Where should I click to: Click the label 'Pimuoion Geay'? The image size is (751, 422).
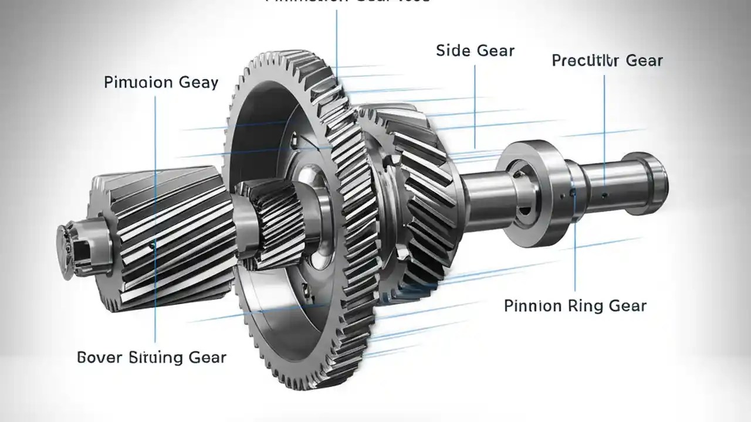click(161, 82)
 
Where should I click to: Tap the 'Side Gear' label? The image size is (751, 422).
click(475, 50)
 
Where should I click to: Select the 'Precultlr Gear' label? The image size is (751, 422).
click(607, 60)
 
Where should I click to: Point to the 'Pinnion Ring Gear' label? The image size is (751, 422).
click(575, 305)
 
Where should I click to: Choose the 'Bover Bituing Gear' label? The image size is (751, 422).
click(151, 357)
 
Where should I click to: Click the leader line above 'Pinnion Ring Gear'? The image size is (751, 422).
click(576, 258)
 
